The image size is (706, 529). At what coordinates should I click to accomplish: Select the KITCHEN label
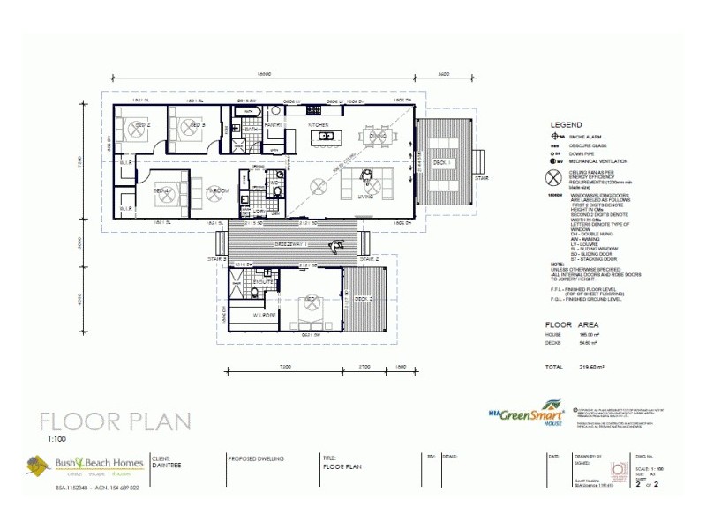point(318,125)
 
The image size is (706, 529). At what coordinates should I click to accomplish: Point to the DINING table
point(378,137)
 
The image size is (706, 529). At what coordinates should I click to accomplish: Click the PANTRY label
point(273,125)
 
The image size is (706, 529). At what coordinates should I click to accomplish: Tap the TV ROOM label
point(217,190)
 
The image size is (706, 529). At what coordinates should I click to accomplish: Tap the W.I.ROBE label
point(266,315)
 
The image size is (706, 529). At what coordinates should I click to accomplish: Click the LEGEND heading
point(566,125)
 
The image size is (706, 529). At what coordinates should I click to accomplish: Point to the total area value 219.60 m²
point(590,366)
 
